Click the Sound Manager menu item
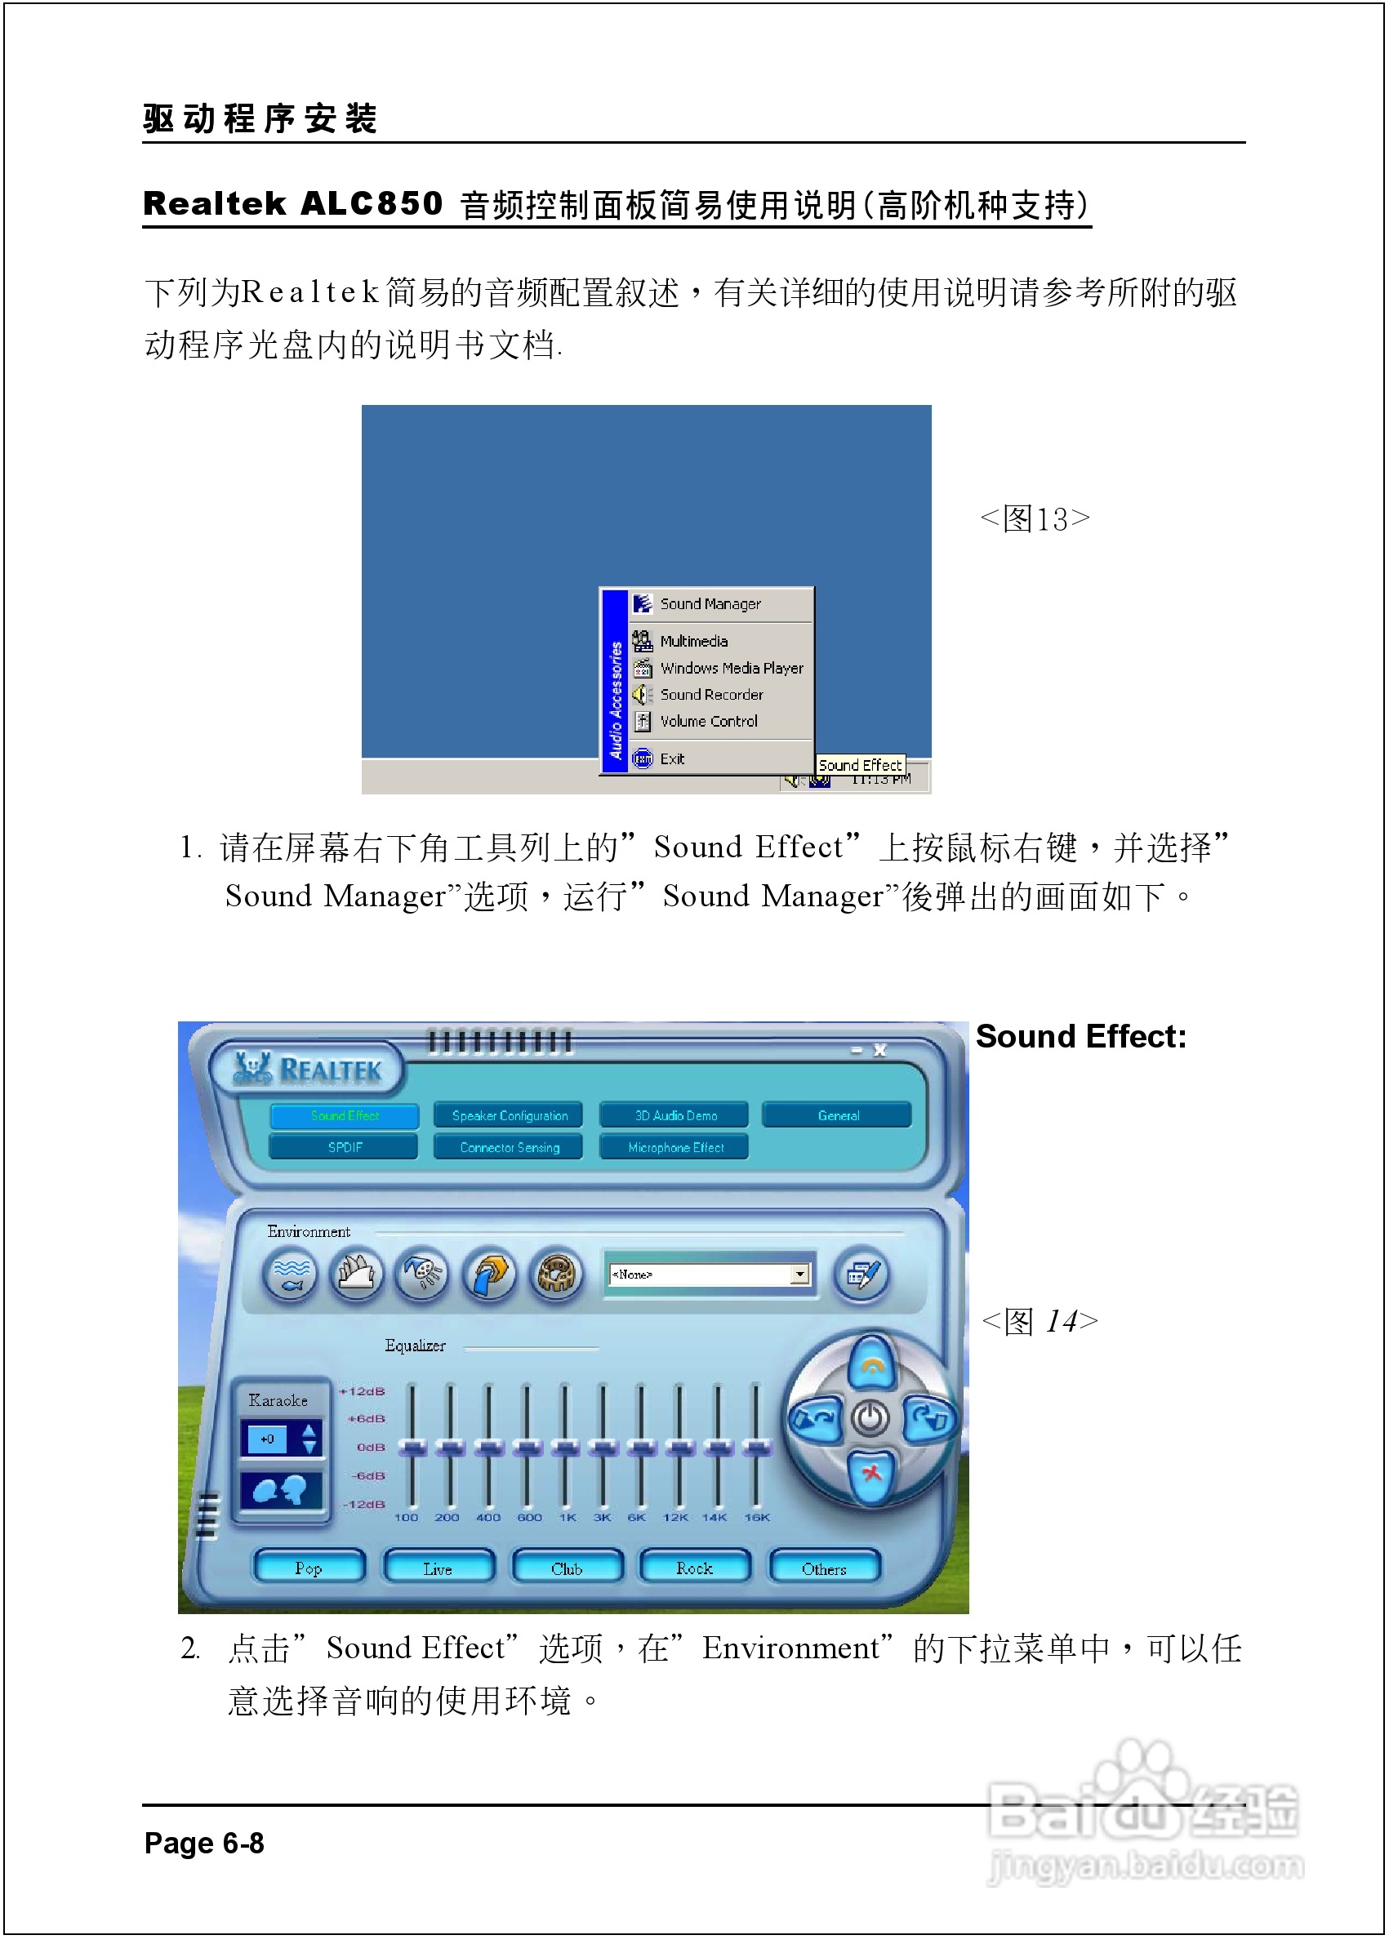709,604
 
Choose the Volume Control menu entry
708,721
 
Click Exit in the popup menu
671,758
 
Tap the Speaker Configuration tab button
509,1115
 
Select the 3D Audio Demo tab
674,1115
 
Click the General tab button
837,1115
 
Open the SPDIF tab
345,1147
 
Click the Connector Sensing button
509,1147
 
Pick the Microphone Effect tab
674,1147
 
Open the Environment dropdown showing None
799,1274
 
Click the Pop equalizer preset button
309,1568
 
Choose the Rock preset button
694,1568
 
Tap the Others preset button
824,1568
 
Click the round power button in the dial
870,1419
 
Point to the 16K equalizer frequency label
756,1517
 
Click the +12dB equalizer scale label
363,1391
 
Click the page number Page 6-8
203,1843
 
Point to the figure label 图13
1035,519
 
